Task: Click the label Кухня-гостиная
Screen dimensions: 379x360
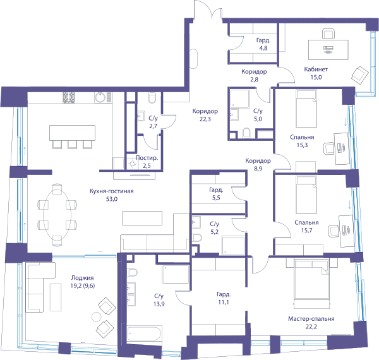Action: coord(111,191)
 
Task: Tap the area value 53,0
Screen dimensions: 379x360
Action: coord(112,199)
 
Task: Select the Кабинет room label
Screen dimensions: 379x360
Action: coord(316,69)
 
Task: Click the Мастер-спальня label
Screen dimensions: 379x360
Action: coord(311,319)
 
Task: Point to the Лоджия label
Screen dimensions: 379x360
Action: coord(82,278)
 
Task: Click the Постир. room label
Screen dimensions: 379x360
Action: coord(147,158)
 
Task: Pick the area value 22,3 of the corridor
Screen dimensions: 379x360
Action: coord(205,119)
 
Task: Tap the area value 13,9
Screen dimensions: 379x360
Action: coord(159,304)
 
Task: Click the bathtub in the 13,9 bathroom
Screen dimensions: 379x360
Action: coord(144,333)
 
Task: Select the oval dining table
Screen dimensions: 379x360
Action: coord(57,215)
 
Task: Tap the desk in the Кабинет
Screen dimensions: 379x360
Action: coord(328,50)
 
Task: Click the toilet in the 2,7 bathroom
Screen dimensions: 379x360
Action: coord(152,98)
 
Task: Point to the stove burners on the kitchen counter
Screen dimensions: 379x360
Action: coord(69,98)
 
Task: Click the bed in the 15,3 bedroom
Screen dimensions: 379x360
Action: coord(306,109)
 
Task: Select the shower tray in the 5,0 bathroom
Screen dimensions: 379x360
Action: coord(239,99)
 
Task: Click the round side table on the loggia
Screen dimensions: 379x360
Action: coord(96,317)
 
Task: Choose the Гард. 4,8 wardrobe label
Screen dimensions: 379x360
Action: coord(263,44)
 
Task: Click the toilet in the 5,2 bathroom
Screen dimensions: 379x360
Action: coord(196,238)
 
